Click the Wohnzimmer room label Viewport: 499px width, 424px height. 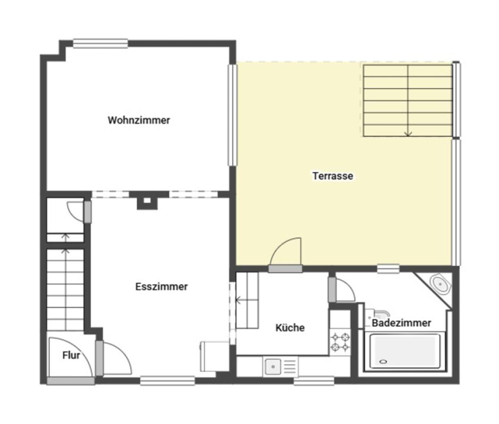point(139,120)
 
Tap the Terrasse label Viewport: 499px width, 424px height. point(333,176)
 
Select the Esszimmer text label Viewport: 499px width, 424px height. point(161,286)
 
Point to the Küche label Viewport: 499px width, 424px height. point(290,327)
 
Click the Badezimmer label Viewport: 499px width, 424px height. point(401,323)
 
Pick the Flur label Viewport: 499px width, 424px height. point(71,355)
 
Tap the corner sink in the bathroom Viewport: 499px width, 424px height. point(441,284)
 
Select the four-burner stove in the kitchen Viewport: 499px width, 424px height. point(340,342)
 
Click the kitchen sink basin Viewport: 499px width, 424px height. point(273,367)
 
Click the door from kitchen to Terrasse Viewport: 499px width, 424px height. point(285,269)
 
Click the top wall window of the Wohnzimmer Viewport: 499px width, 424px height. point(100,43)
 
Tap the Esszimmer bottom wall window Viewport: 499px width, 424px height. point(167,381)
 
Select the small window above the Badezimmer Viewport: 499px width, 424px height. point(388,269)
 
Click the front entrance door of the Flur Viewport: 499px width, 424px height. point(71,381)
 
